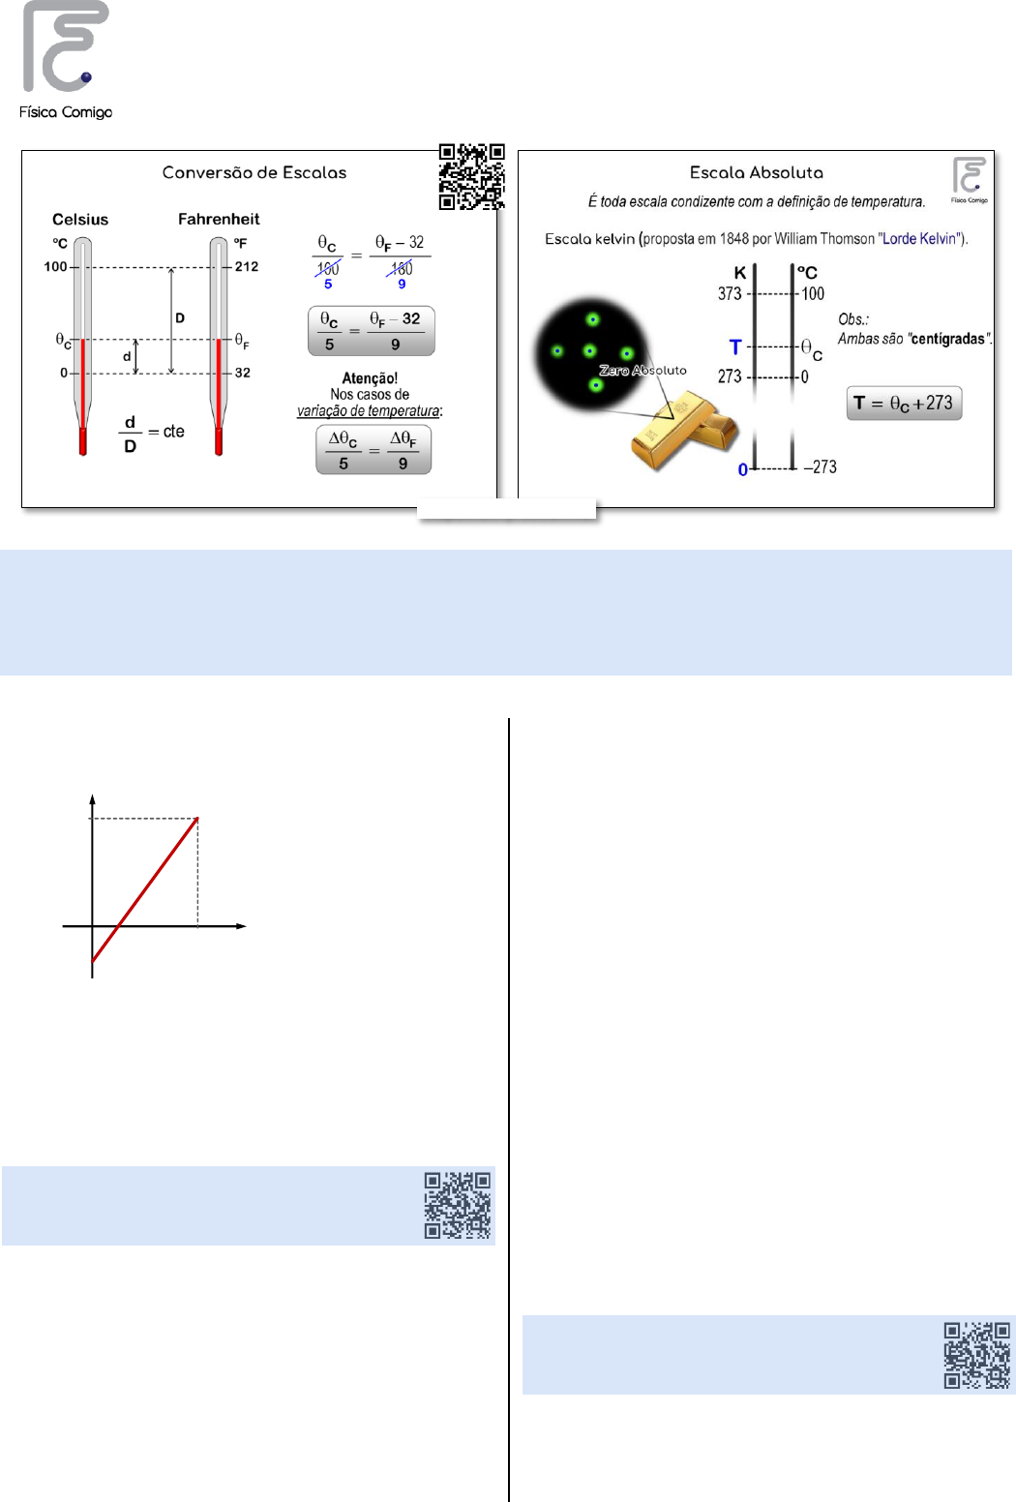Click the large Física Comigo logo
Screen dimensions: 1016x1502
pos(66,59)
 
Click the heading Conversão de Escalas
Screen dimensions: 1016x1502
pos(254,173)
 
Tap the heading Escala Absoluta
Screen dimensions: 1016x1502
pos(756,173)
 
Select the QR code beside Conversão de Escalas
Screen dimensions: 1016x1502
pos(471,176)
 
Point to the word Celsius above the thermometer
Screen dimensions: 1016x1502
pos(80,220)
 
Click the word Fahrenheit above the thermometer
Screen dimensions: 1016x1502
pos(219,220)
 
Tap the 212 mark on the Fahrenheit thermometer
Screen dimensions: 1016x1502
pos(246,267)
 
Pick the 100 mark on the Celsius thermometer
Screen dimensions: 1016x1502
pos(56,267)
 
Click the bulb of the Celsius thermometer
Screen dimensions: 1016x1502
pos(83,441)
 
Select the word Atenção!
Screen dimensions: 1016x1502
pos(370,378)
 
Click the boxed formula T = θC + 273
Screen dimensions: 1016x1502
pos(904,403)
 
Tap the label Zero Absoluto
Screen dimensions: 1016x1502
pos(642,370)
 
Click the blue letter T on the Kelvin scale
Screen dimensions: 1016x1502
pos(735,347)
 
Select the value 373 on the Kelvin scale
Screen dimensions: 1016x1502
pos(730,293)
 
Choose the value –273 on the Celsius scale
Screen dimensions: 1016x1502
pos(821,466)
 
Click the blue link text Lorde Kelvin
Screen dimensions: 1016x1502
pos(919,239)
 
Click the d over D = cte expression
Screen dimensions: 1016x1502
pos(153,434)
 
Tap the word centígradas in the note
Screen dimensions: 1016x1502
pos(947,339)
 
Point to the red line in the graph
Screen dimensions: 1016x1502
pos(145,889)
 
